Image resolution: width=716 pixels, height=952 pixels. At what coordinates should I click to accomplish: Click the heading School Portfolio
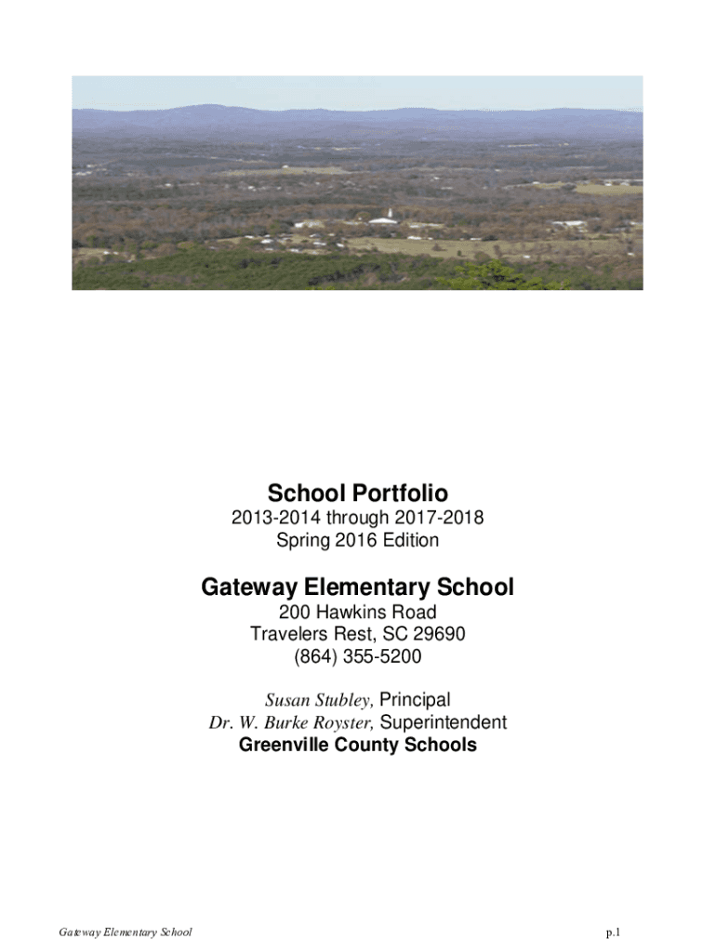tap(357, 492)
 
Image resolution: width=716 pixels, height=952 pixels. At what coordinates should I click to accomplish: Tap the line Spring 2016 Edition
tap(357, 539)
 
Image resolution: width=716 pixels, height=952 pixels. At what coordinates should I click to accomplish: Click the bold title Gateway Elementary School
tap(357, 588)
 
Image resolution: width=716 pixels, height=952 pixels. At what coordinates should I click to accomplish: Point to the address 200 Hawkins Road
tap(357, 613)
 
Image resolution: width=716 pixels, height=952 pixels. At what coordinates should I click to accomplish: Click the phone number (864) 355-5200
tap(357, 657)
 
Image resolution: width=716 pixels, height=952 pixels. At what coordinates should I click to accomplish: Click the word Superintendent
tap(444, 722)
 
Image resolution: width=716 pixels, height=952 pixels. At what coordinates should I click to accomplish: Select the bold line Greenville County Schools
tap(357, 745)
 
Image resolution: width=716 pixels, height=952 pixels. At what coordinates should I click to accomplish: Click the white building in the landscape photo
tap(382, 219)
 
